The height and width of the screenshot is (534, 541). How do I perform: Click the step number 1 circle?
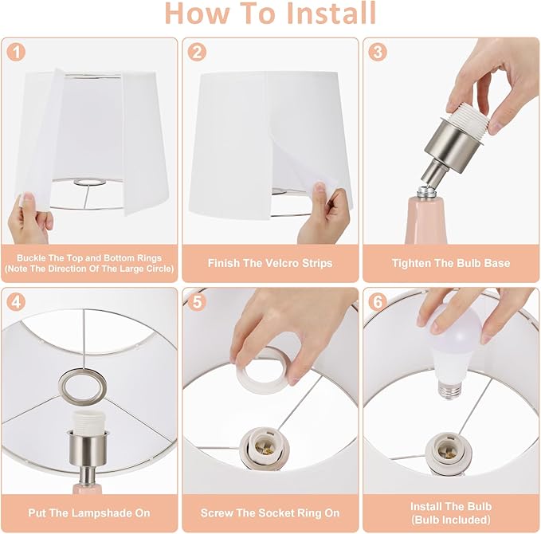coord(16,53)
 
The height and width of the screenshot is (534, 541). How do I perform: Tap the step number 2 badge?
coord(197,53)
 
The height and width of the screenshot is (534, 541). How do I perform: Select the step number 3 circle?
coord(378,53)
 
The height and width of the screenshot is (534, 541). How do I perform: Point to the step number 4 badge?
coord(16,302)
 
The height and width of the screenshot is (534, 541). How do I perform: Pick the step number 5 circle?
coord(197,302)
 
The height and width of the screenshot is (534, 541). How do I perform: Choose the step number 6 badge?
coord(378,302)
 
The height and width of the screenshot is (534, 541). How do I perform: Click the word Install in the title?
coord(331,14)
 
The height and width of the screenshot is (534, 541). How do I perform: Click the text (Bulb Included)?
coord(451,520)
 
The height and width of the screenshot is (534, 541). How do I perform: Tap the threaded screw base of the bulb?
coord(449,389)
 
